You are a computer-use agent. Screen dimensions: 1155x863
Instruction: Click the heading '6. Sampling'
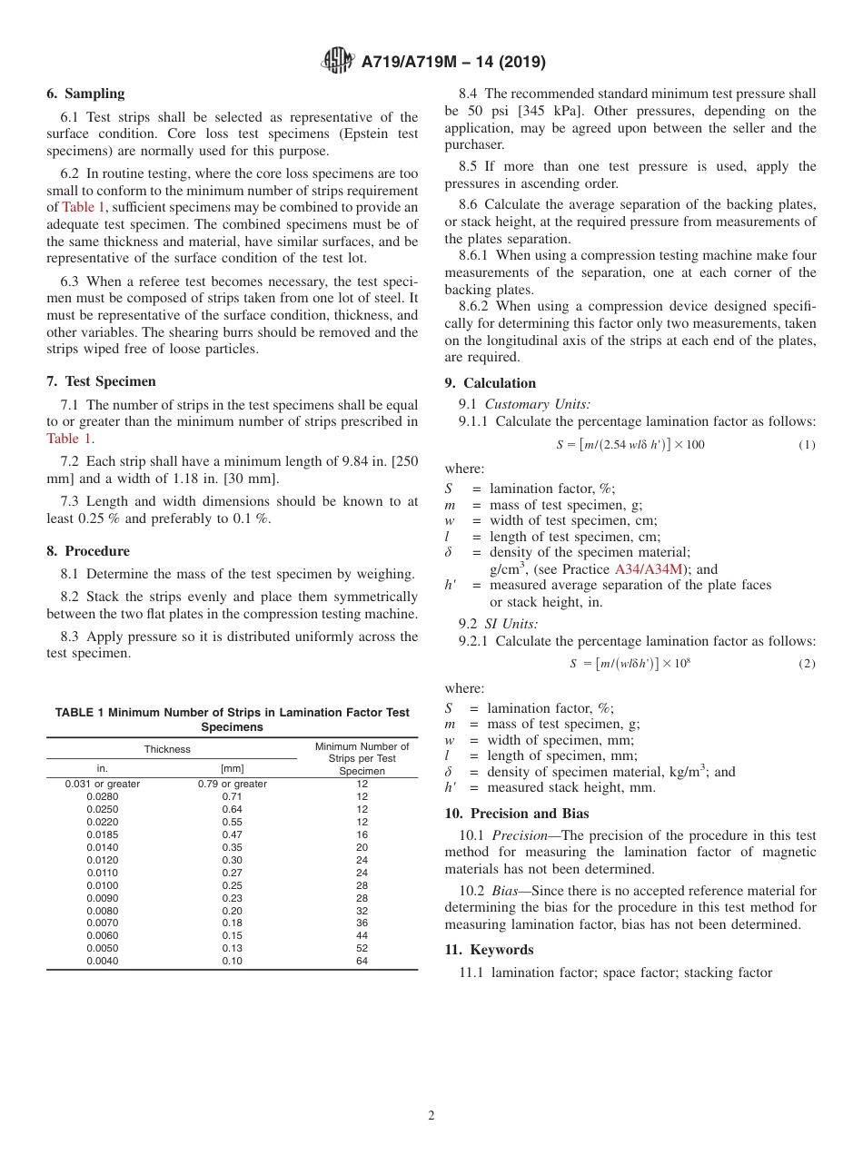(x=85, y=94)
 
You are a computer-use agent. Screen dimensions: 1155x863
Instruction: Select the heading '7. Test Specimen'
(x=101, y=381)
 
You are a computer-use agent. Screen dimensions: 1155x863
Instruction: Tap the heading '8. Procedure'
(x=88, y=551)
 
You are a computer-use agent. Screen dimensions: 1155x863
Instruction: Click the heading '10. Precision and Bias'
(x=516, y=814)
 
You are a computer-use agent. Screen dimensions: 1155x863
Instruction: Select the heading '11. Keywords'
(x=489, y=950)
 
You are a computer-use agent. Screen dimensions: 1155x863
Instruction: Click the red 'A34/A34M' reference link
(x=649, y=569)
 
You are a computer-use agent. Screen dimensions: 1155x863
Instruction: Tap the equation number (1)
(x=807, y=445)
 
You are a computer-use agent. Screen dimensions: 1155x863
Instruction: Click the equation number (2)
(x=807, y=664)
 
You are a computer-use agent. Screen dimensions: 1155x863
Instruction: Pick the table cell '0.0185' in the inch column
(x=102, y=834)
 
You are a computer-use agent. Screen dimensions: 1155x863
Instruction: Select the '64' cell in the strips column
(x=362, y=962)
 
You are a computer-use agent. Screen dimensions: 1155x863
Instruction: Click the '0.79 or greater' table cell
(x=232, y=784)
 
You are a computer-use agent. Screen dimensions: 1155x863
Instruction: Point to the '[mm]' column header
(x=232, y=768)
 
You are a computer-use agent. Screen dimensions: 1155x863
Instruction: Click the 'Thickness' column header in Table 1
(x=167, y=749)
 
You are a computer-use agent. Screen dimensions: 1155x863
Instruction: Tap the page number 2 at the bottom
(x=431, y=1116)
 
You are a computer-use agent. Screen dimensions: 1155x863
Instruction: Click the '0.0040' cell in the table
(x=102, y=962)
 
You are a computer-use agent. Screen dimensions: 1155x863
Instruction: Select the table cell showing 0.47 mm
(x=232, y=834)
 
